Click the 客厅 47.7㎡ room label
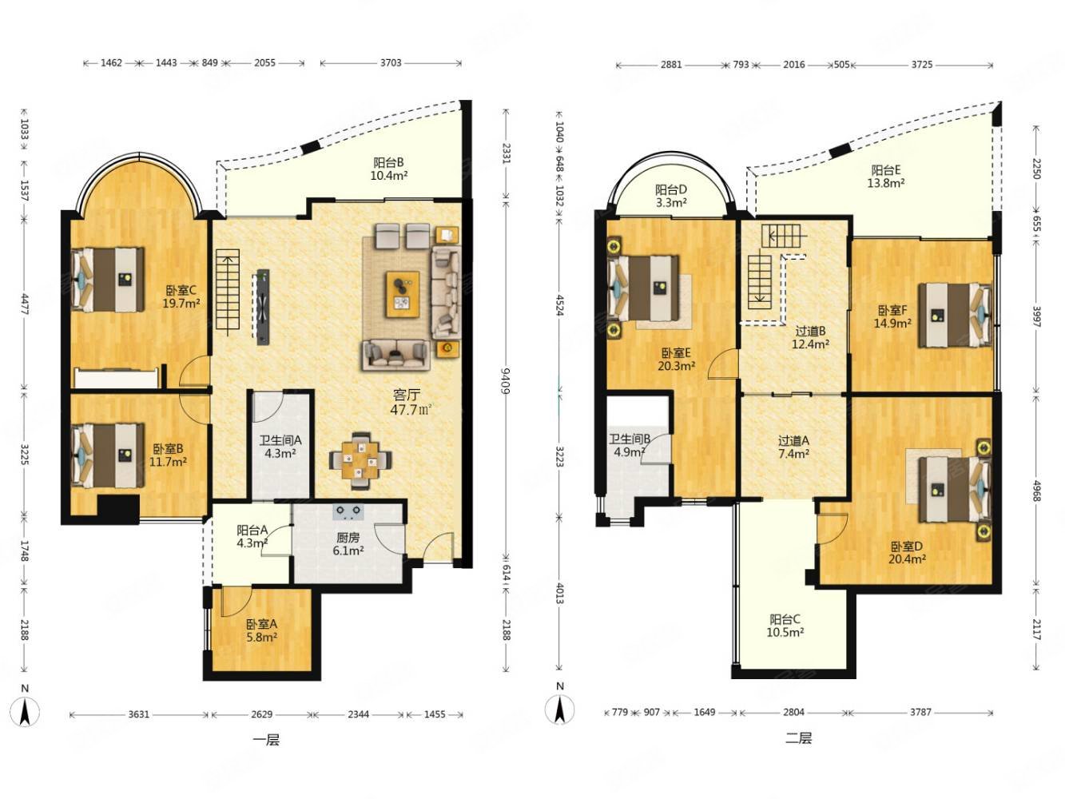click(411, 402)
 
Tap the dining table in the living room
click(360, 460)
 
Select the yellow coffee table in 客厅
click(402, 295)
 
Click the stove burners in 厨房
click(348, 511)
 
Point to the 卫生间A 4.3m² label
click(280, 447)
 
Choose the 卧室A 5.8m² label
click(261, 630)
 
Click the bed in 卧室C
click(108, 280)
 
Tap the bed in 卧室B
click(108, 455)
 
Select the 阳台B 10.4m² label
click(388, 169)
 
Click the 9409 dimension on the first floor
click(506, 381)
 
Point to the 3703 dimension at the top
click(391, 62)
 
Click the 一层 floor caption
click(266, 741)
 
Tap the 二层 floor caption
click(798, 739)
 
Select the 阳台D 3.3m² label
click(671, 196)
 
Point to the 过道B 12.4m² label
click(810, 338)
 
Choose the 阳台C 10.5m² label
click(785, 626)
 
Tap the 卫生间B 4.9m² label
click(630, 445)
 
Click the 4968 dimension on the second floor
click(1036, 491)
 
